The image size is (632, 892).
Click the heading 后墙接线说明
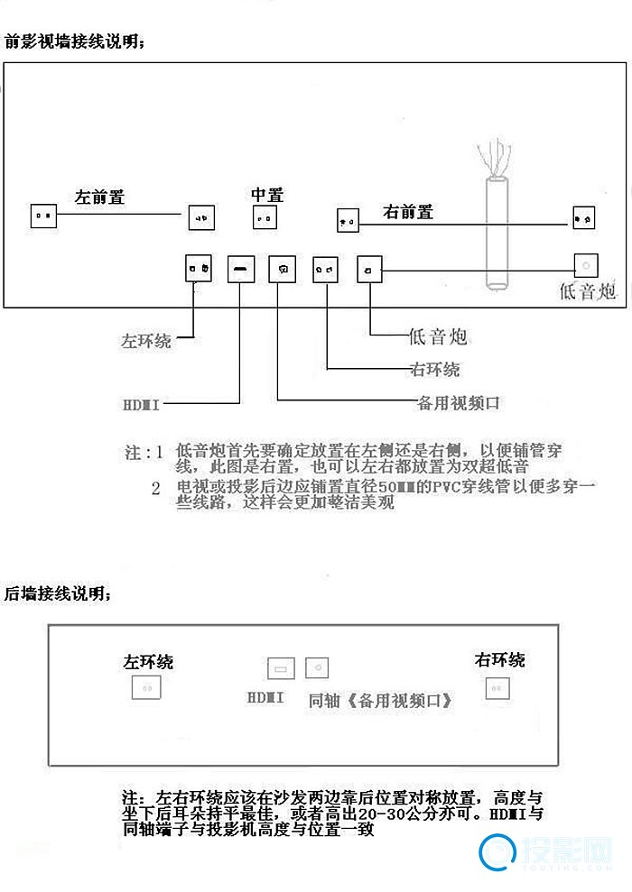[x=58, y=594]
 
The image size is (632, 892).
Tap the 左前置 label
[x=99, y=198]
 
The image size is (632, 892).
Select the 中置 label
[x=267, y=195]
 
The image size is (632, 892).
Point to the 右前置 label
[x=408, y=212]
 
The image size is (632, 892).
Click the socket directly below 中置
[x=265, y=217]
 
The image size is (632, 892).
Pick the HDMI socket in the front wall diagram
[x=241, y=269]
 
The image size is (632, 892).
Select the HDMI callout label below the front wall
[x=141, y=404]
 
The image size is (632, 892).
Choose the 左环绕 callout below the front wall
[x=146, y=342]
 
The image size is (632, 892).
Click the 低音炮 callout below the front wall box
[x=438, y=337]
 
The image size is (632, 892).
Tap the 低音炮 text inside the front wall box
[x=588, y=290]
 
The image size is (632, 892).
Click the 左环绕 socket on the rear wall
[x=146, y=688]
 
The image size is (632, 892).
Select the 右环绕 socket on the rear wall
[x=496, y=686]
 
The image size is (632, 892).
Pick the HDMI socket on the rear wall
[x=281, y=668]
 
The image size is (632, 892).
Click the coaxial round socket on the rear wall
[x=317, y=667]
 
